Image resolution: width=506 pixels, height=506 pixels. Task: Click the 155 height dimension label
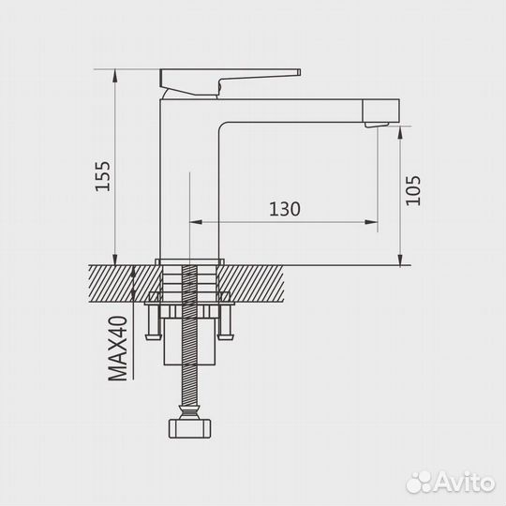point(103,176)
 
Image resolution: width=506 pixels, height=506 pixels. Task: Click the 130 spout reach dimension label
point(285,209)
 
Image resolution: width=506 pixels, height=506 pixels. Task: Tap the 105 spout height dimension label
point(413,190)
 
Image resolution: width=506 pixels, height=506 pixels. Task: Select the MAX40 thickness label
point(117,349)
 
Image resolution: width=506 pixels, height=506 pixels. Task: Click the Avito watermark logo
point(451,483)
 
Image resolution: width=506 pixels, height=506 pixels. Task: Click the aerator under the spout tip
point(377,125)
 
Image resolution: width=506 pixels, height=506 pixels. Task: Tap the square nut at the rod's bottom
point(189,428)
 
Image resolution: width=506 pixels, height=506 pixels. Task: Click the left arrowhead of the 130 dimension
point(196,222)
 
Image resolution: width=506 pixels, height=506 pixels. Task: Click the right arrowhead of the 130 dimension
point(371,222)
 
